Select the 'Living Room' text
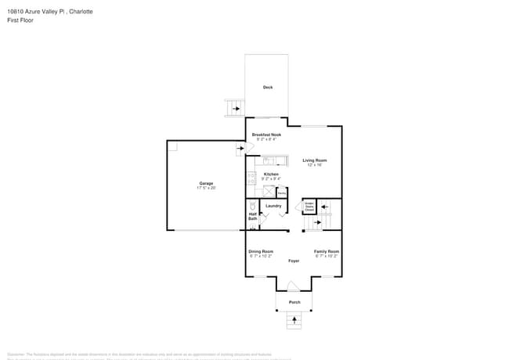(x=315, y=160)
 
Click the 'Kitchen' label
(x=271, y=175)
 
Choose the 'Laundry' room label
(x=273, y=206)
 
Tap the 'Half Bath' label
(x=253, y=216)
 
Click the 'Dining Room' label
(x=261, y=251)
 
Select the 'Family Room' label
(x=327, y=251)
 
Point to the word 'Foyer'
(x=294, y=261)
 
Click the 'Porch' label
(x=294, y=302)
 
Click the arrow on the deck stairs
(x=236, y=109)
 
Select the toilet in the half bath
(x=253, y=205)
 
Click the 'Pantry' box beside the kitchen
(x=282, y=193)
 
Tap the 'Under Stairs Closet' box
(x=309, y=207)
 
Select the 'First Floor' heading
(x=20, y=20)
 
